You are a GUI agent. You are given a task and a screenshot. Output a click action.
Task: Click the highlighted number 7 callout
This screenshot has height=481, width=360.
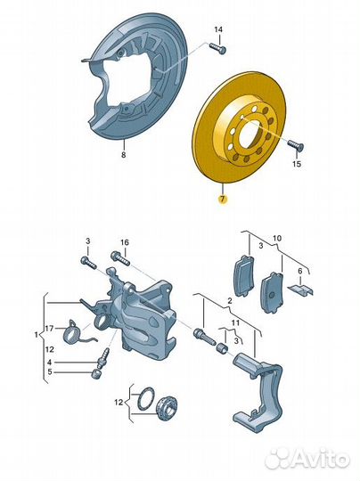coord(223,200)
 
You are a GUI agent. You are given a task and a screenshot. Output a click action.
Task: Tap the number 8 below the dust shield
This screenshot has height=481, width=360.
coord(123,155)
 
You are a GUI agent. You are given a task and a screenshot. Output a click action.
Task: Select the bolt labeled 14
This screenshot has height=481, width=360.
coord(217,48)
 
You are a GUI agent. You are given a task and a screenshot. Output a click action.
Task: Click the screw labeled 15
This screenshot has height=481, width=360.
coord(295,146)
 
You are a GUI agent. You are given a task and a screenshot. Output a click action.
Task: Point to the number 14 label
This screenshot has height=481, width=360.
coord(218,29)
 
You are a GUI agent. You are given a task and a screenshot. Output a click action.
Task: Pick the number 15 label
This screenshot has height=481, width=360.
coord(297,164)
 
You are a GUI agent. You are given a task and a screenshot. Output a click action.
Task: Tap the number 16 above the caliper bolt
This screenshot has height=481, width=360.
coord(125,242)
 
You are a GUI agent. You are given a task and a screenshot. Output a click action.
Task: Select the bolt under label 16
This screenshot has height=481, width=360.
coord(121,258)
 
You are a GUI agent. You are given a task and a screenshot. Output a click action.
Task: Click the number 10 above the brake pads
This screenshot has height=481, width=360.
coord(277,238)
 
